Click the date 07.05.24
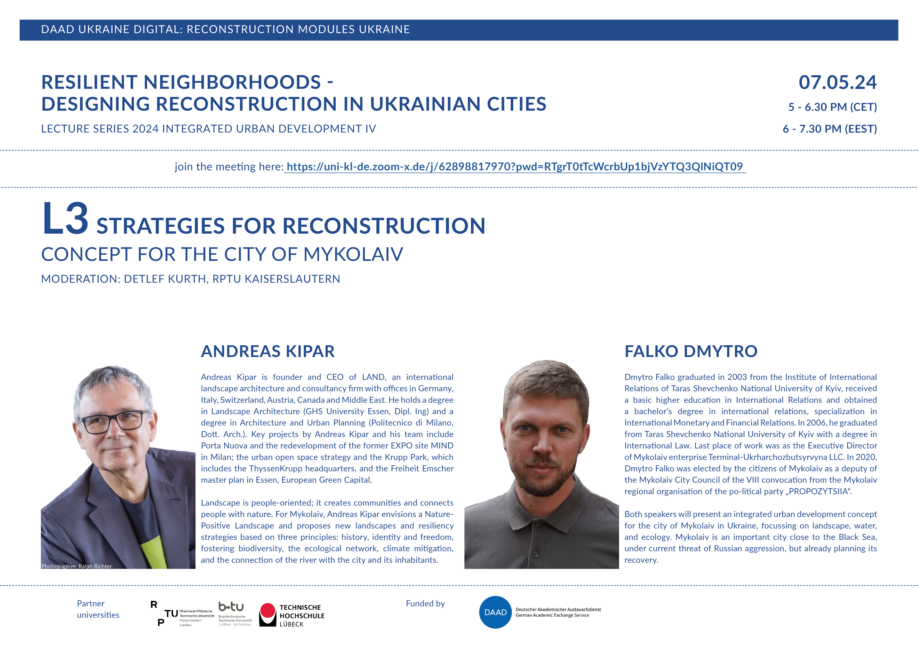click(837, 82)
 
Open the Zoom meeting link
click(515, 167)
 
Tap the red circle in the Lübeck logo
click(267, 611)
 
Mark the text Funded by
click(425, 603)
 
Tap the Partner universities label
click(98, 609)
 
